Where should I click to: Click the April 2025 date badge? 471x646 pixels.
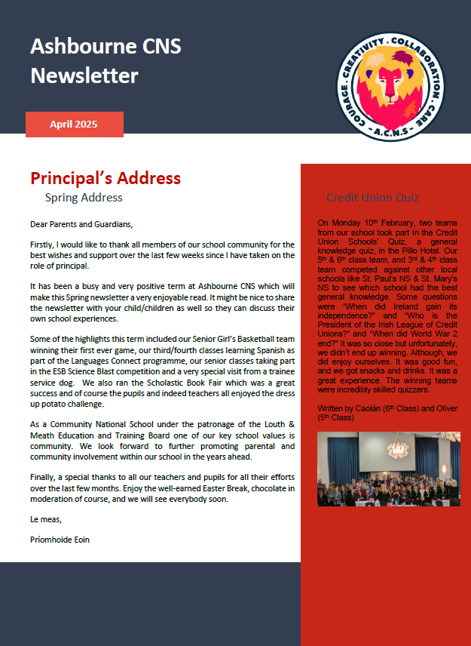74,125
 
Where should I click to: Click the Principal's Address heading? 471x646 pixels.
106,178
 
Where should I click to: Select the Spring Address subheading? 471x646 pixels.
84,198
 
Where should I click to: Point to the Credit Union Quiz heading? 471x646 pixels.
372,198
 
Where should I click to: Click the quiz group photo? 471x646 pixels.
388,469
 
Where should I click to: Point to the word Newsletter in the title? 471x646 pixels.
84,76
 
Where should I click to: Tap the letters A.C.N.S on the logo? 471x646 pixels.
393,134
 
